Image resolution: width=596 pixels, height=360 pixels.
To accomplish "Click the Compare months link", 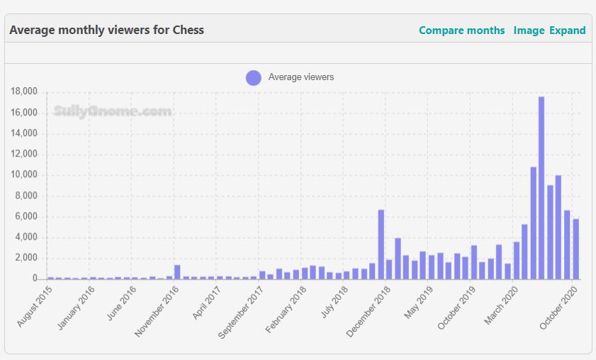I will click(x=461, y=30).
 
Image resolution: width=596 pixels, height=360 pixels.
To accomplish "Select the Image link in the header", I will click(x=529, y=30).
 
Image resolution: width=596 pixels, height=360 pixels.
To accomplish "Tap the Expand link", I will click(x=567, y=30).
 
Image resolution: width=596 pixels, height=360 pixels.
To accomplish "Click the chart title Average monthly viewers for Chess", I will click(x=106, y=30).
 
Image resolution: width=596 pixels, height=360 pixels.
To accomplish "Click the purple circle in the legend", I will click(x=253, y=77).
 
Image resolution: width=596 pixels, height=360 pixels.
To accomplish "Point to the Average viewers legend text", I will click(x=300, y=77).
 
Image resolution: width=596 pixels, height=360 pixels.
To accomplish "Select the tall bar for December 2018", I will click(x=381, y=244).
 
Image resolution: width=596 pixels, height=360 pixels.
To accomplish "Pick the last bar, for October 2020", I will click(x=575, y=249).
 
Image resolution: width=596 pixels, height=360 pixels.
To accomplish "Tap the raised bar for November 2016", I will click(x=177, y=272).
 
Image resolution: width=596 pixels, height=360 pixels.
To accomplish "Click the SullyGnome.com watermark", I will click(x=113, y=111).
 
